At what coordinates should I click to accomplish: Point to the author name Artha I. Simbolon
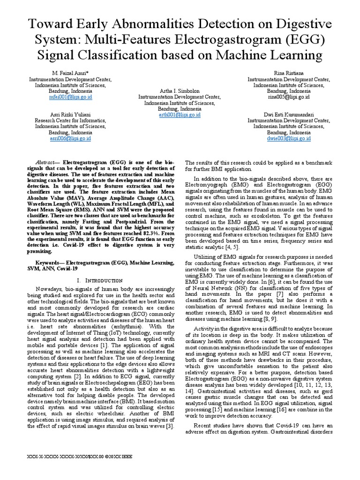[180, 91]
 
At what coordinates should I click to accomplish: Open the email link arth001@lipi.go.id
[180, 114]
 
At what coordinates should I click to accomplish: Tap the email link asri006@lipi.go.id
[70, 138]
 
